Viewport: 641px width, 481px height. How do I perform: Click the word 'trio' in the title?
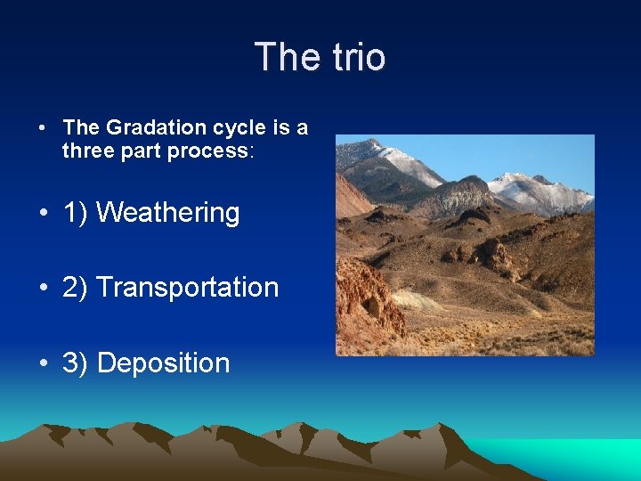(356, 57)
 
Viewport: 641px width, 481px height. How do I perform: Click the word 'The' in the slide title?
(283, 57)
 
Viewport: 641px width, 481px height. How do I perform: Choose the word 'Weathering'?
(167, 213)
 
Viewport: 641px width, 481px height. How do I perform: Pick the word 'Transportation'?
(187, 288)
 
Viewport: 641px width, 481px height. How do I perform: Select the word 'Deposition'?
(163, 363)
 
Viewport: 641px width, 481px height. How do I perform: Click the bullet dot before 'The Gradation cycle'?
(43, 128)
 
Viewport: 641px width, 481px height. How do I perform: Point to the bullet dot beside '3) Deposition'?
(43, 363)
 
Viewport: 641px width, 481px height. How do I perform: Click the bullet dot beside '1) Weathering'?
(43, 214)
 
